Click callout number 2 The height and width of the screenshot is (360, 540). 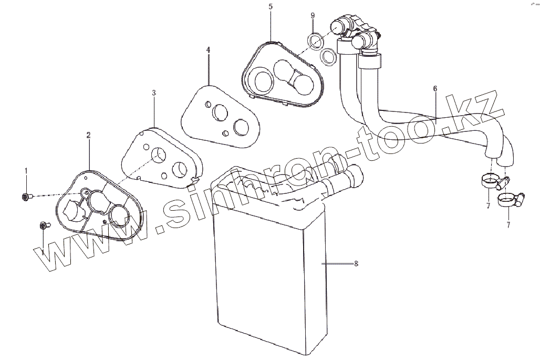click(x=88, y=135)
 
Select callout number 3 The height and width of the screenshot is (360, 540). click(x=154, y=93)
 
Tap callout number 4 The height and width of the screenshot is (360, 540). click(x=208, y=49)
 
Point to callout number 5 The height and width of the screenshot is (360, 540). click(x=271, y=6)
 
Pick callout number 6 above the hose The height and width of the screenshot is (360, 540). click(x=435, y=89)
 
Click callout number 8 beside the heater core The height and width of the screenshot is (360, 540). click(x=356, y=263)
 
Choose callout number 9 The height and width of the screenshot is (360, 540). click(x=313, y=16)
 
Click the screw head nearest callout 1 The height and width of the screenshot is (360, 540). click(x=26, y=197)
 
